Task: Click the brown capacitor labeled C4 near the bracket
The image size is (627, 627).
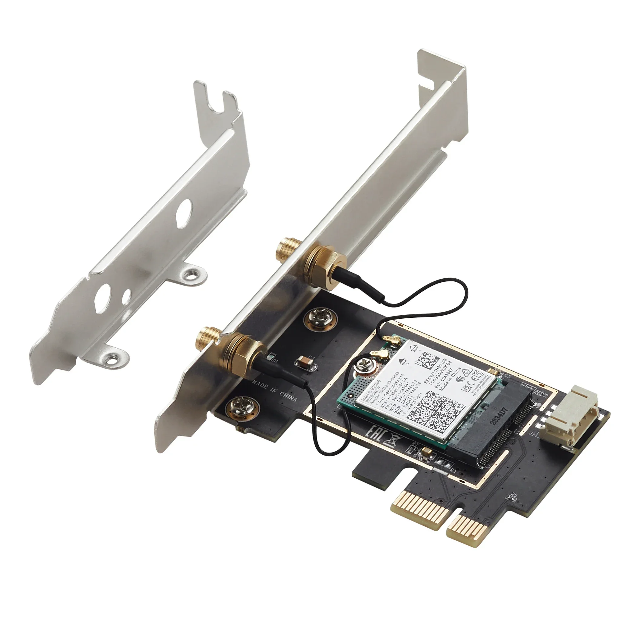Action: tap(304, 363)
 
